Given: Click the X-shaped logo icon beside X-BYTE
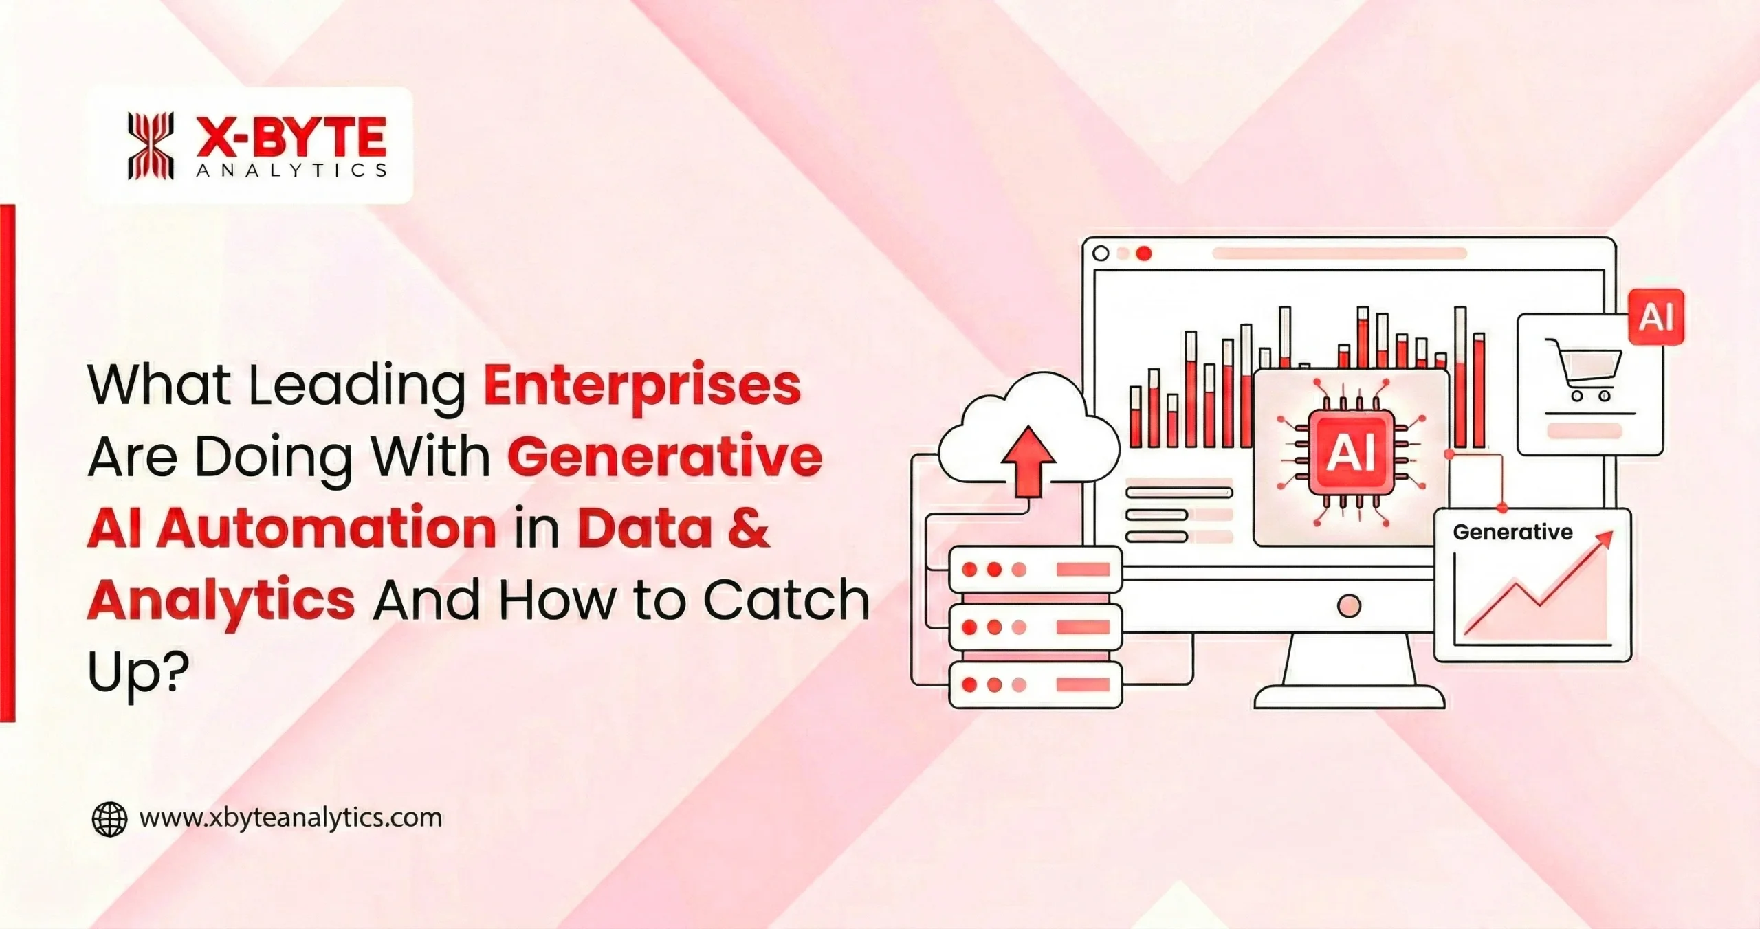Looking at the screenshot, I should tap(151, 146).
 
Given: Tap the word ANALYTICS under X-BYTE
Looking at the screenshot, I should tap(291, 170).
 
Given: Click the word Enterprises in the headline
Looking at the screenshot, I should tap(642, 386).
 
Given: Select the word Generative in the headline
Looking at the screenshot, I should tap(665, 458).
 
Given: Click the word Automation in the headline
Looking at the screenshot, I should tap(325, 528).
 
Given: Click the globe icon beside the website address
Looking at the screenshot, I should tap(109, 819).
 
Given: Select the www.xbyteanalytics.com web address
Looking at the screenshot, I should tap(290, 818).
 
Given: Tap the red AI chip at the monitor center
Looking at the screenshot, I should tap(1350, 453).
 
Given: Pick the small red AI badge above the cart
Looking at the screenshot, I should tap(1657, 317).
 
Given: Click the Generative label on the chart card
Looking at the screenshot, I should tap(1512, 532).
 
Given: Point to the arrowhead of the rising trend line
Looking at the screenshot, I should tap(1605, 540).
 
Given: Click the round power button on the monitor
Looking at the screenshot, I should tap(1349, 605).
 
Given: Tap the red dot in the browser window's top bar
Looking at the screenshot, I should tap(1144, 254).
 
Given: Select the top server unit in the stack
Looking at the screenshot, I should tap(1035, 570).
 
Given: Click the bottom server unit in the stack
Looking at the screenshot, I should tap(1035, 684).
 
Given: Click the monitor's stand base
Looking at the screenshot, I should tap(1349, 695).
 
